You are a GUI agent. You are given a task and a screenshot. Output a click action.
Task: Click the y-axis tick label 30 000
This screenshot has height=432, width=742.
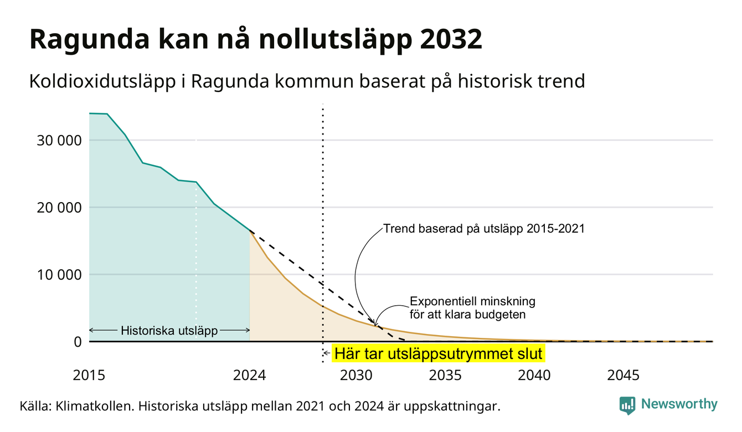point(59,141)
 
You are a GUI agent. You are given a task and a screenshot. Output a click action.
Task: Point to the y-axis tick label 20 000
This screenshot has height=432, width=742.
point(59,208)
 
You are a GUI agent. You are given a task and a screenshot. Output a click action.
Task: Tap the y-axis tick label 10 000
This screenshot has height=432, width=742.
point(59,275)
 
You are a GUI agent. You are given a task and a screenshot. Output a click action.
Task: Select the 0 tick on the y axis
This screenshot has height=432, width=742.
point(78,342)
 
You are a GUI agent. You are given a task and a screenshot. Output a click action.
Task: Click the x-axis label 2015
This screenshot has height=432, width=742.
point(89,376)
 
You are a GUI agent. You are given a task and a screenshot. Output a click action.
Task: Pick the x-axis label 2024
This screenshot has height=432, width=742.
point(249,376)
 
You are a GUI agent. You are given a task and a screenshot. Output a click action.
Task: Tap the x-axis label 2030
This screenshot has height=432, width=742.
point(357,376)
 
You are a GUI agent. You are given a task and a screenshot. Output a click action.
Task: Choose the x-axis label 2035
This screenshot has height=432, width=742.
point(445,376)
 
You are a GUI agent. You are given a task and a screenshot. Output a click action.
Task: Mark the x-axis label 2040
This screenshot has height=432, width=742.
point(534,376)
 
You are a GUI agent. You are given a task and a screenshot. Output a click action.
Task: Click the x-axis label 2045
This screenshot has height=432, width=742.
point(623,376)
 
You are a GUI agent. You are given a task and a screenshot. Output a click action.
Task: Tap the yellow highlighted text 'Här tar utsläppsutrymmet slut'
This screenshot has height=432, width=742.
point(438,353)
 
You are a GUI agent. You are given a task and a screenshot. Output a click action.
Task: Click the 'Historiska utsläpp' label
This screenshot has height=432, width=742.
point(169,330)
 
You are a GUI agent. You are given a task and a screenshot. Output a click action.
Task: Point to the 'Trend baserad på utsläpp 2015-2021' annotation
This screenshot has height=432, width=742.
point(484,229)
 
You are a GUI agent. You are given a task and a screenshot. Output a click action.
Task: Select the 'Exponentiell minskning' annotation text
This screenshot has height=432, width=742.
point(472,301)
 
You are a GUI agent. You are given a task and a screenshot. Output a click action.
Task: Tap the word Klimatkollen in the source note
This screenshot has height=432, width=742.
point(94,406)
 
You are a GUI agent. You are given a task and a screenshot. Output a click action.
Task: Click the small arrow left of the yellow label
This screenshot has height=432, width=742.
point(327,353)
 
